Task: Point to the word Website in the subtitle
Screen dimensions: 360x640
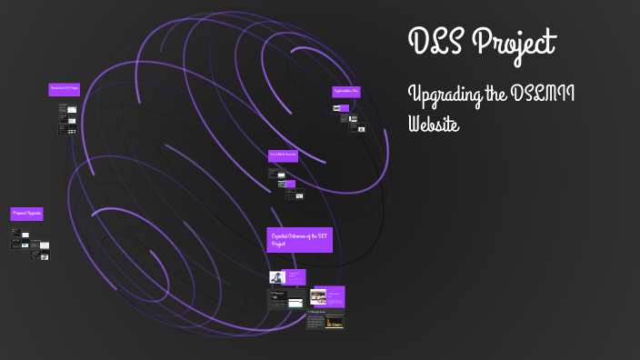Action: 435,122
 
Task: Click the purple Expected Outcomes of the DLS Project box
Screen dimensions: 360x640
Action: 299,239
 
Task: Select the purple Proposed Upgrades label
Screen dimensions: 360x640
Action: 27,213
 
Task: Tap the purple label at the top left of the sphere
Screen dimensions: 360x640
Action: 64,89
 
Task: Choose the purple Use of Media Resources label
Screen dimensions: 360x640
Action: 283,155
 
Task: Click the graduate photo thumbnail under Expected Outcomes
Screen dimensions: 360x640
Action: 276,276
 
